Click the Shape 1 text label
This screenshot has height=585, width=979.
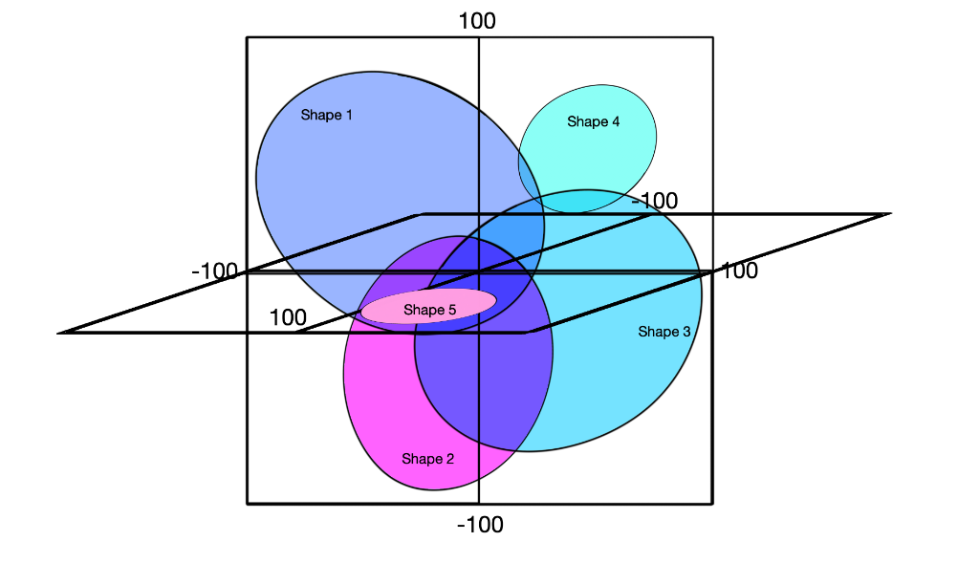tap(327, 116)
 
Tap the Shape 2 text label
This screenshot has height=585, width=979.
tap(427, 459)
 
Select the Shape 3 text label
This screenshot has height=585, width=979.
tap(664, 332)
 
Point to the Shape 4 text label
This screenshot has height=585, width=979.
tap(594, 121)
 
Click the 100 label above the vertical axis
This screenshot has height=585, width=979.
tap(477, 20)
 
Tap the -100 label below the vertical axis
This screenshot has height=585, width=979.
tap(480, 524)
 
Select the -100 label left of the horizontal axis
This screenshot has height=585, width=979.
tap(214, 271)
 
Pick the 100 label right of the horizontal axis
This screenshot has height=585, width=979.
tap(739, 271)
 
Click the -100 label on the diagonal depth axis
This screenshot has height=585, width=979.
tap(654, 201)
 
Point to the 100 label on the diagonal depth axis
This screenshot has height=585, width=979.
tap(288, 317)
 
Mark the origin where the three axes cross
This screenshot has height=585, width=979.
tap(478, 272)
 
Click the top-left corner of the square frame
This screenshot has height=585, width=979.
tap(248, 37)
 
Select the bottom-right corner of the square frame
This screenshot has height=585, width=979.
tap(712, 503)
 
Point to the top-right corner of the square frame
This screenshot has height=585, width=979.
tap(712, 37)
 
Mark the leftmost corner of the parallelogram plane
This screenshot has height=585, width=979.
tap(61, 333)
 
